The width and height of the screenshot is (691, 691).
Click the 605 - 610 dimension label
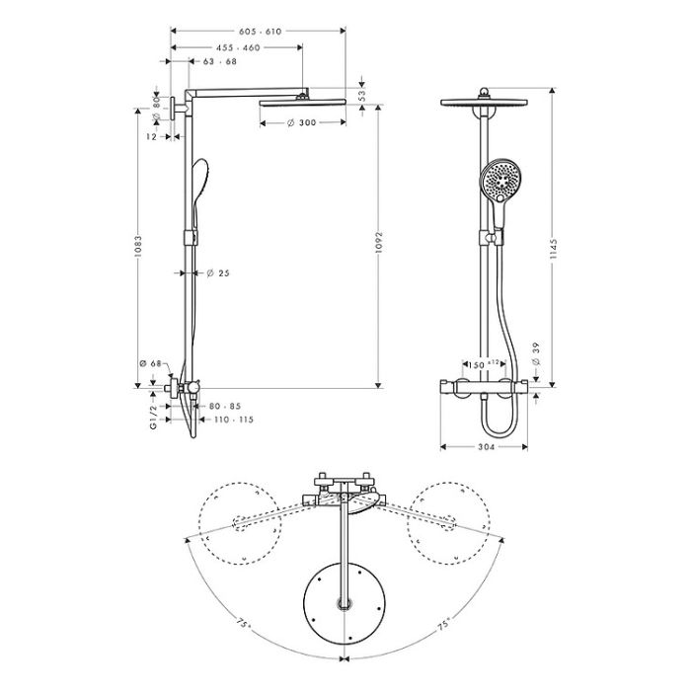(x=260, y=32)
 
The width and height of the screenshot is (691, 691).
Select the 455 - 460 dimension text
(x=238, y=48)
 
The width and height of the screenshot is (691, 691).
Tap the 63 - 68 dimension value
(x=220, y=61)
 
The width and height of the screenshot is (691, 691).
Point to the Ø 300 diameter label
(x=302, y=123)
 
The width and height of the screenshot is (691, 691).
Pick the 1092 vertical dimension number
(x=379, y=242)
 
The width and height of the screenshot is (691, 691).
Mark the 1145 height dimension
(x=554, y=249)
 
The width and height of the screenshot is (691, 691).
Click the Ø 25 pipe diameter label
(x=218, y=273)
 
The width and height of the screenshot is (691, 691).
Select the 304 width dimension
(x=486, y=447)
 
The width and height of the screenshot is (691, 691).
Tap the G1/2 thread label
(x=153, y=418)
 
